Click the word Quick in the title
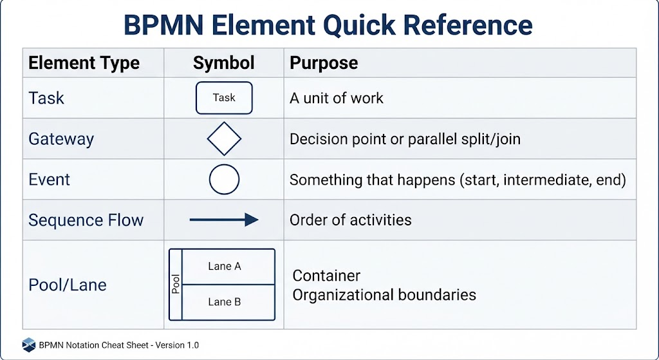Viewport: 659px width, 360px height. click(360, 25)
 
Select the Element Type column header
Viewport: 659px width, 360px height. click(84, 63)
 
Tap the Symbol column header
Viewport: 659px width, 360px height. click(223, 63)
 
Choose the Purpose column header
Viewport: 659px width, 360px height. click(324, 63)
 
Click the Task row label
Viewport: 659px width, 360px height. click(46, 98)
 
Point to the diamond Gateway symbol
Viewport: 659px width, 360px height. click(224, 122)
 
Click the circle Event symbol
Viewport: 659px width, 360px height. click(224, 164)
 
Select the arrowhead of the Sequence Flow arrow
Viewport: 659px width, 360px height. click(252, 220)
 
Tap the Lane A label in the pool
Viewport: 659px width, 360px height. click(225, 266)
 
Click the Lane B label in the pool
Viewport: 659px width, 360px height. click(225, 301)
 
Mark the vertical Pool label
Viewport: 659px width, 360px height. click(176, 284)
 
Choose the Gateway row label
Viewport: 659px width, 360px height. click(61, 139)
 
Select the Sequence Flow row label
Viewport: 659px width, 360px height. click(86, 220)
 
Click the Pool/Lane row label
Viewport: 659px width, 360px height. click(67, 285)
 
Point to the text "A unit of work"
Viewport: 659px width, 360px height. click(336, 98)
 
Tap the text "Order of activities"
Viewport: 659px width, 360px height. click(351, 220)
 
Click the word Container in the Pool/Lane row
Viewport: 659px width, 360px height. click(326, 276)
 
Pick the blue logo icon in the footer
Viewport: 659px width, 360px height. click(28, 345)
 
